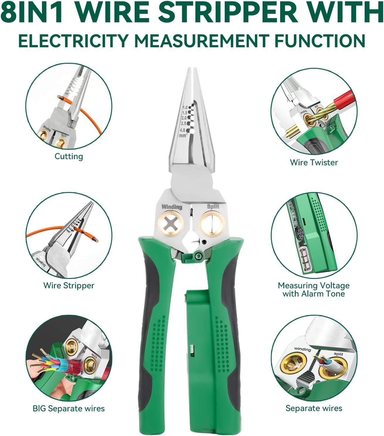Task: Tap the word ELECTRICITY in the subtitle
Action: [73, 40]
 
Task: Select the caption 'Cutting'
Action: [69, 156]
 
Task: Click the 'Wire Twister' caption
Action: [314, 162]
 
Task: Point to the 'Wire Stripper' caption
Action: [69, 285]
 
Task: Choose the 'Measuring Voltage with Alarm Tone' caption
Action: [314, 289]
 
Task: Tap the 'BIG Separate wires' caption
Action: [69, 408]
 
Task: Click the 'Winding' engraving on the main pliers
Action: [172, 207]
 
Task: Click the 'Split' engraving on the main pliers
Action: [213, 206]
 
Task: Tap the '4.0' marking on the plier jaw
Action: [182, 130]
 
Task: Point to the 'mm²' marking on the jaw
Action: [183, 136]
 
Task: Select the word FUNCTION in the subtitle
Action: [320, 40]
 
